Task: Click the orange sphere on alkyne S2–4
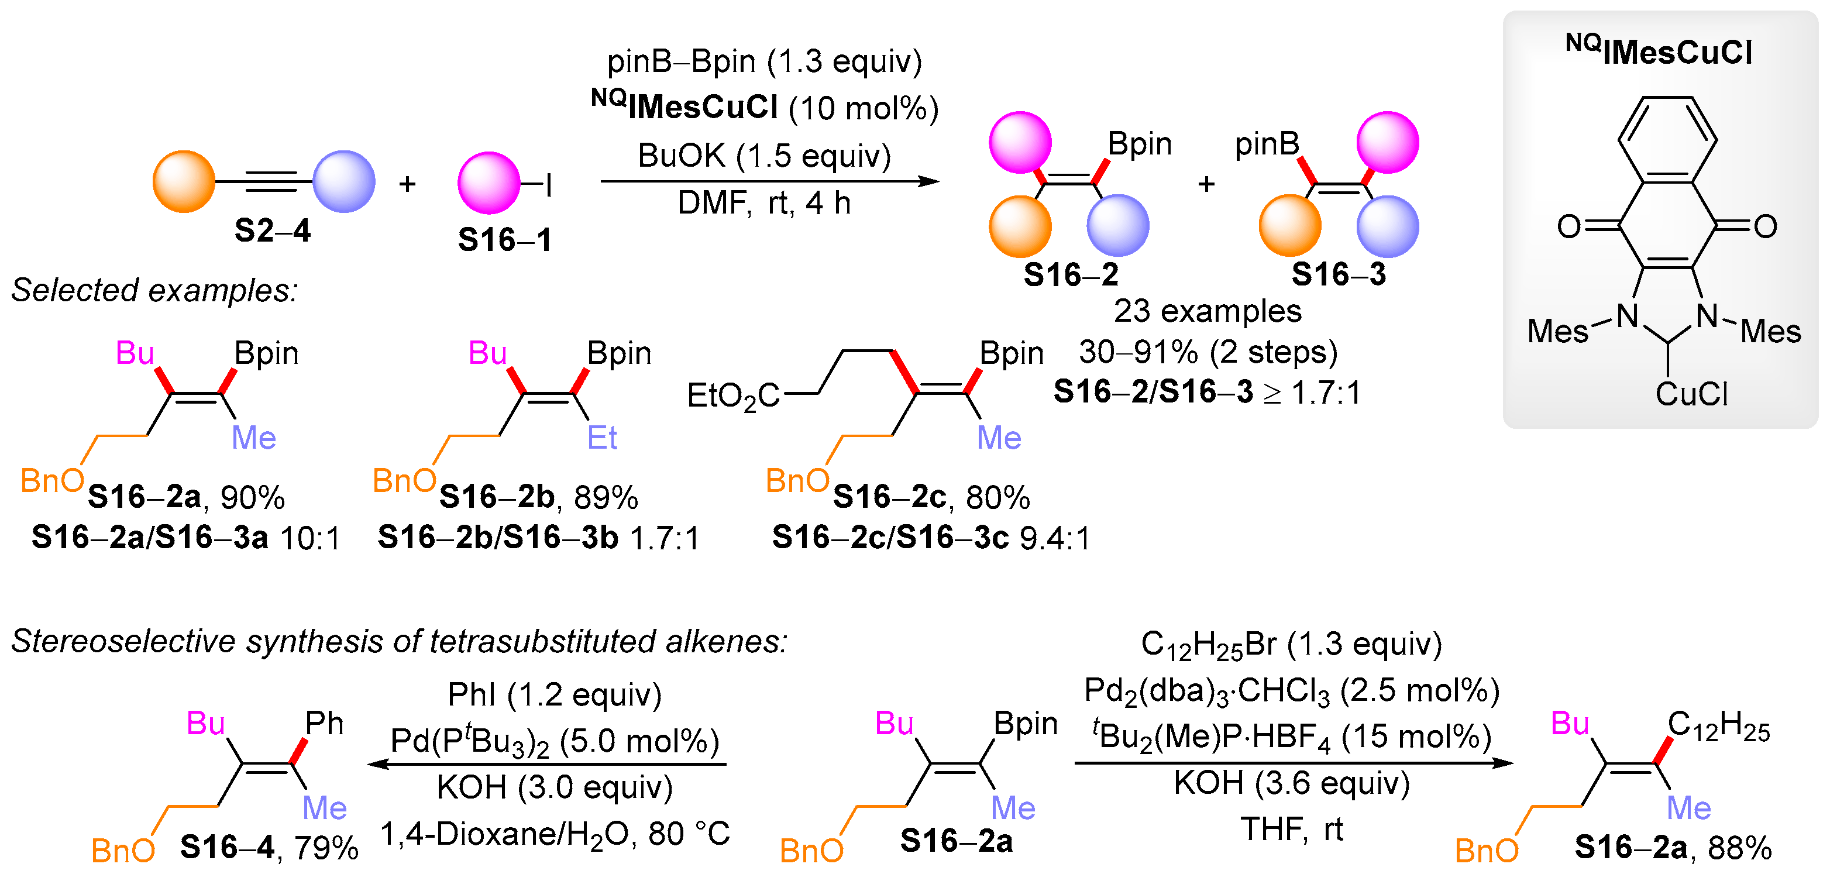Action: click(183, 182)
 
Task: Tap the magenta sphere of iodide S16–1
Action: click(489, 183)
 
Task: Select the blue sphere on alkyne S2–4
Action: click(344, 182)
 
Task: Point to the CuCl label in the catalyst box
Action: click(1691, 394)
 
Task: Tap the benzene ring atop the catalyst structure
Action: click(1667, 140)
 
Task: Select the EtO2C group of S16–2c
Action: click(733, 396)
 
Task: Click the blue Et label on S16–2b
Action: click(601, 438)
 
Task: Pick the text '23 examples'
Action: click(1207, 311)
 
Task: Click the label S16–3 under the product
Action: click(1339, 274)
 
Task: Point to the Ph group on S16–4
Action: click(324, 723)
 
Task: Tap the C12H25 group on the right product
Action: click(1718, 726)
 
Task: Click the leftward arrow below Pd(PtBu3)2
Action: click(547, 765)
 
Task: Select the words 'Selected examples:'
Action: click(154, 291)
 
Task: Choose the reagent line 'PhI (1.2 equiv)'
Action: click(555, 694)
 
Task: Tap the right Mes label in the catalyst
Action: click(1770, 331)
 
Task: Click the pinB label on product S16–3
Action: click(1267, 144)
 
